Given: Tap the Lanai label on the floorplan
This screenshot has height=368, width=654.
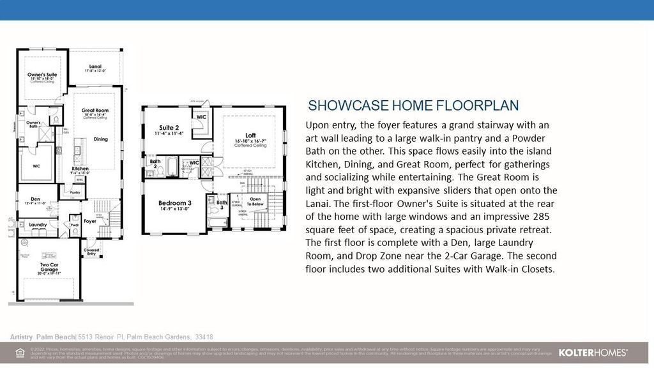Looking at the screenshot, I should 95,66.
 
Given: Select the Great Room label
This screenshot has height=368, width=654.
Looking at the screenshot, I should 95,111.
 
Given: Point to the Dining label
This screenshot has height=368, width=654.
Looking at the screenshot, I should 100,139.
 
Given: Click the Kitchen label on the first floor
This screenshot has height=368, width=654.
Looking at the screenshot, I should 80,168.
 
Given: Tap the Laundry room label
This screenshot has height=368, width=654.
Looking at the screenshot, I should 38,225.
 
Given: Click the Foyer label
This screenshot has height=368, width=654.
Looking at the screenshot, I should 90,222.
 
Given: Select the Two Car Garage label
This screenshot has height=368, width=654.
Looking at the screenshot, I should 49,267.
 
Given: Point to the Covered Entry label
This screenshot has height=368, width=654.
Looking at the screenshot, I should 91,252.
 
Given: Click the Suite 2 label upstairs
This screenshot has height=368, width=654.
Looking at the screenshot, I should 169,128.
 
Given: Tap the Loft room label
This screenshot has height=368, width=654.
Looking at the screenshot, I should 250,135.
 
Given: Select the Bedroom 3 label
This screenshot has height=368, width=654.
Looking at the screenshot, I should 175,204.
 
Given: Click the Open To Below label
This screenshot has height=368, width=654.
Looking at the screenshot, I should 255,201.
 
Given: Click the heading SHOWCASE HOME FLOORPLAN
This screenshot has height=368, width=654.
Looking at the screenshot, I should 413,106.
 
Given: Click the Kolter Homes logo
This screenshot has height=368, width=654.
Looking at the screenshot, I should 593,353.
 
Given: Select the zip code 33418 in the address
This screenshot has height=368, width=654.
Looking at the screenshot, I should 204,337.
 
